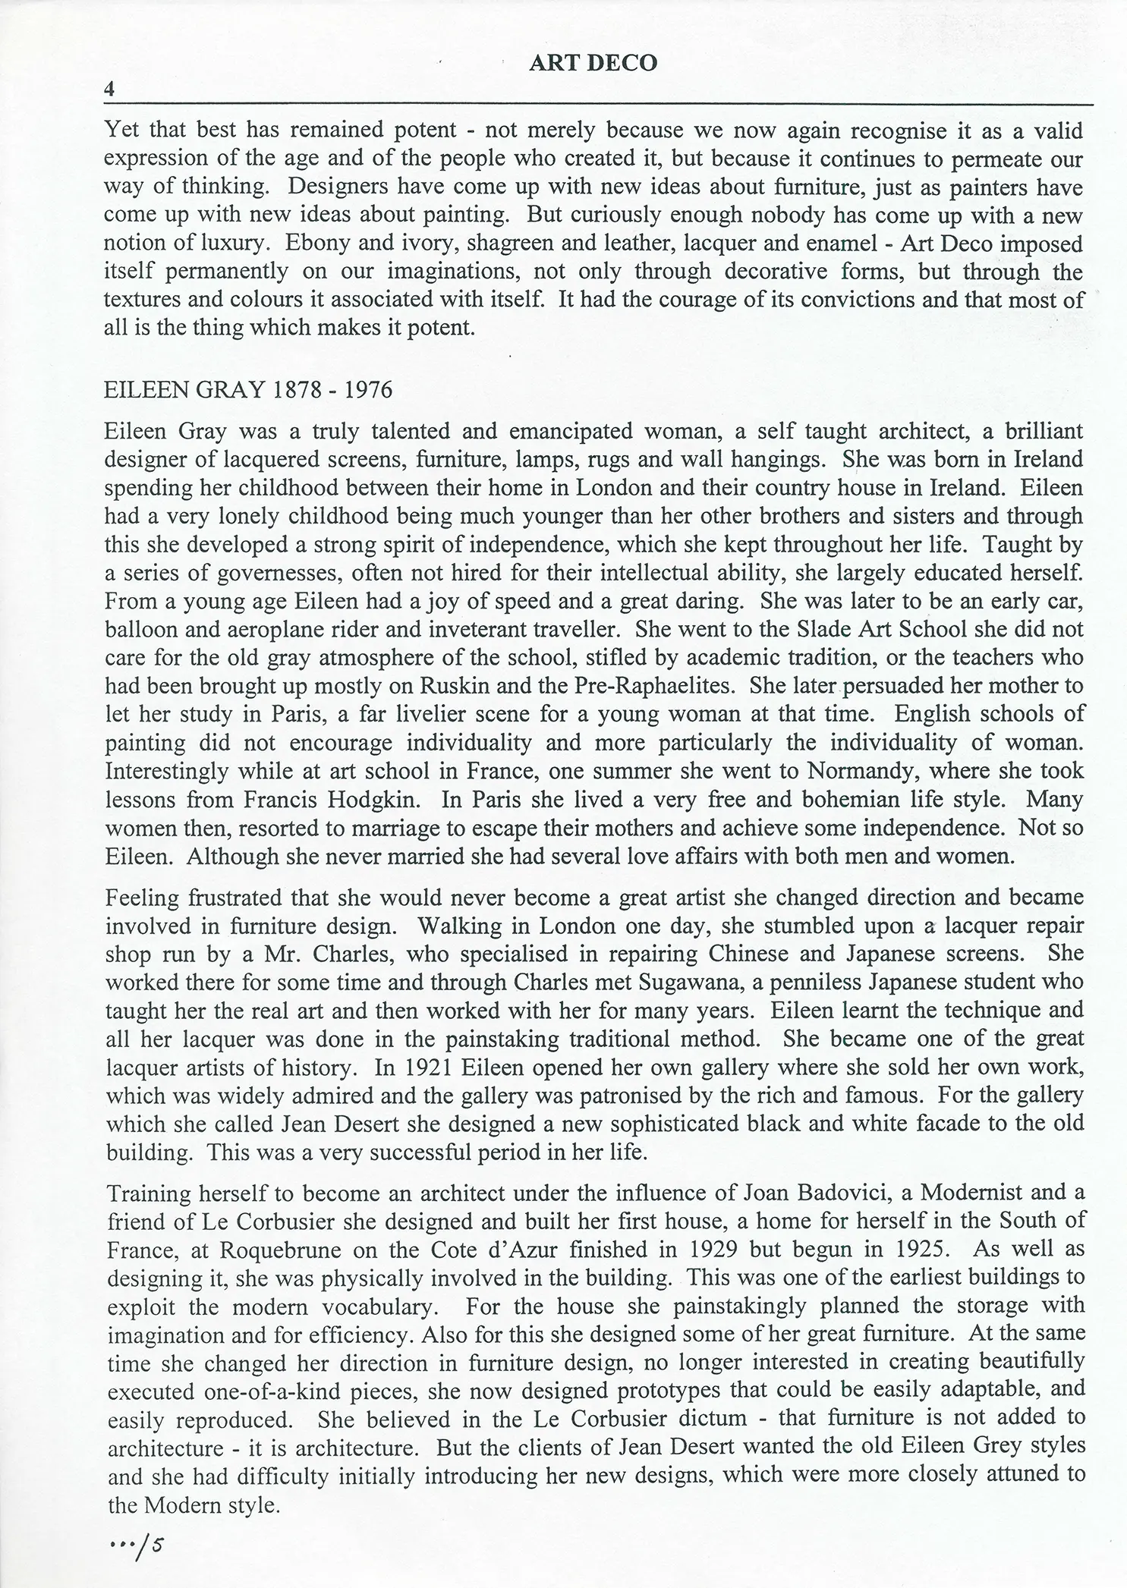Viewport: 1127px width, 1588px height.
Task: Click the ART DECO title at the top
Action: (x=593, y=64)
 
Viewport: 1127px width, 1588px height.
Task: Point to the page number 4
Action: (x=109, y=89)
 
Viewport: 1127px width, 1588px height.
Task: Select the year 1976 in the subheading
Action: (x=368, y=390)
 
